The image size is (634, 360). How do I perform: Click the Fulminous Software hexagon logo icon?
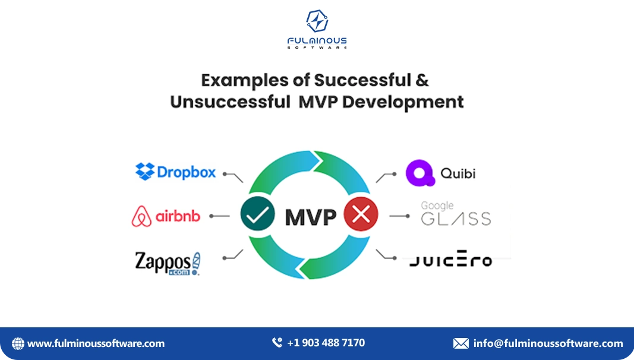tap(317, 21)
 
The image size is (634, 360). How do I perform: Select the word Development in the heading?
tap(403, 102)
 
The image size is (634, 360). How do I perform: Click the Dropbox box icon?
tap(145, 172)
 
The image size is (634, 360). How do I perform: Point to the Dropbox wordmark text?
tap(187, 172)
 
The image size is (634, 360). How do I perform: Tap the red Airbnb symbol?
tap(141, 217)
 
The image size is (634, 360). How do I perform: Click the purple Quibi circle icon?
tap(419, 173)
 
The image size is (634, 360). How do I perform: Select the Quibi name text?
tap(458, 173)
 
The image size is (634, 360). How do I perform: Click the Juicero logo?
tap(450, 260)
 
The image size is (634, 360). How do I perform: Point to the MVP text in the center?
tap(310, 217)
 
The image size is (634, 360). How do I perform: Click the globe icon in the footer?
tap(18, 343)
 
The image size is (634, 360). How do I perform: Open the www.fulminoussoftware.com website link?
tap(96, 343)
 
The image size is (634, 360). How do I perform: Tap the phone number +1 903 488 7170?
tap(326, 343)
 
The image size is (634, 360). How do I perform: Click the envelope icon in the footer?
tap(460, 343)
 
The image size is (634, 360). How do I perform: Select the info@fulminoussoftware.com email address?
tap(548, 343)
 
